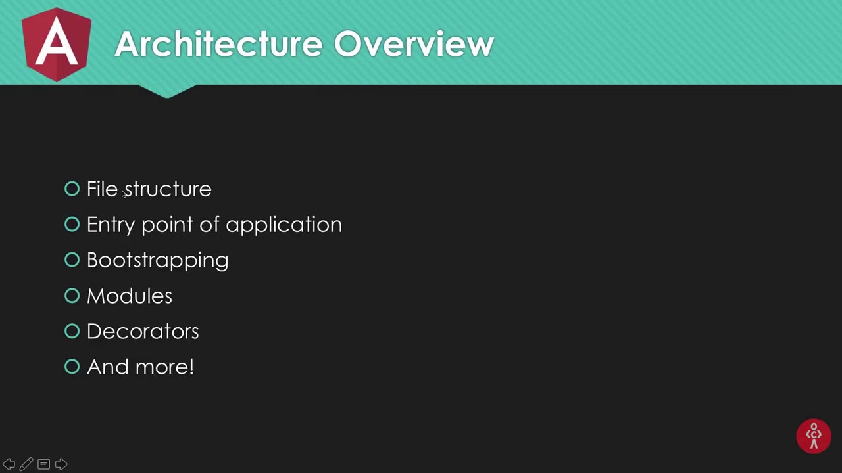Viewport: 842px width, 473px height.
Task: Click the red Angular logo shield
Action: coord(57,45)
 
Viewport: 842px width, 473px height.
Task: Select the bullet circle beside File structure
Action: coord(72,189)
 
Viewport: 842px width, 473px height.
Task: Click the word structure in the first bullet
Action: coord(168,189)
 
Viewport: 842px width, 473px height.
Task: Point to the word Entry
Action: coord(111,225)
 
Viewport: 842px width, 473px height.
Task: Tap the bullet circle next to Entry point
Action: coord(72,225)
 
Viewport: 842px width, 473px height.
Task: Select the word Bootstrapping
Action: coord(157,260)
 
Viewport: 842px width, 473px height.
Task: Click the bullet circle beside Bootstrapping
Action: coord(72,260)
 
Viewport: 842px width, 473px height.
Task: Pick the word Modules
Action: coord(129,296)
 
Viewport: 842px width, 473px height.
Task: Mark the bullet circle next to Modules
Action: coord(72,296)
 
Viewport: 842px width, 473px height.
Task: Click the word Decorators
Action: coord(142,331)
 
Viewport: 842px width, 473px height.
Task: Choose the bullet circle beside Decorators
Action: coord(72,331)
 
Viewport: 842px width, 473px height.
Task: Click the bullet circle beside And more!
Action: coord(72,367)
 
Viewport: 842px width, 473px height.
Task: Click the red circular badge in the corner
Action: coord(814,436)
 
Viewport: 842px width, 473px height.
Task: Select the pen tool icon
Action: coord(26,464)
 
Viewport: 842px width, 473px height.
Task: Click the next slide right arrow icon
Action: coord(61,464)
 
